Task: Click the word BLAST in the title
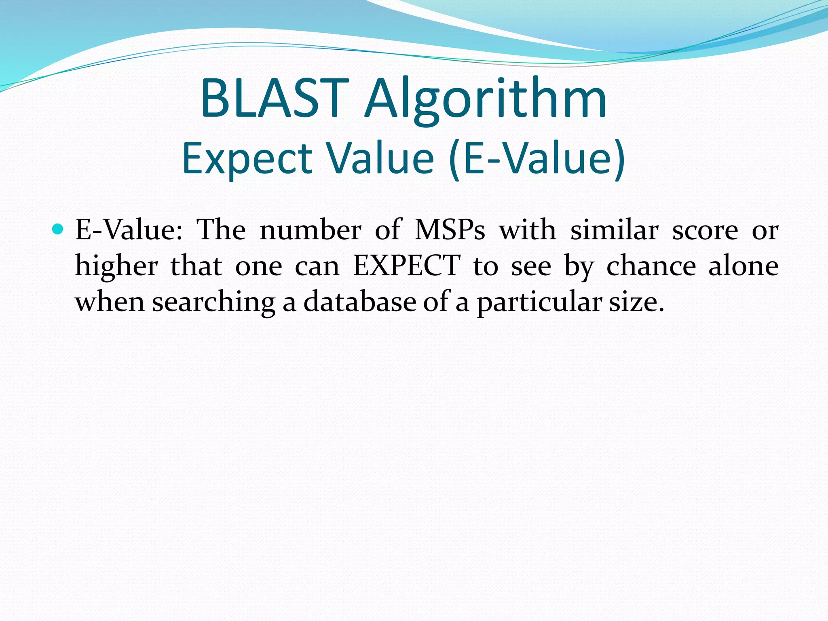[x=275, y=99]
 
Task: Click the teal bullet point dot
[x=58, y=230]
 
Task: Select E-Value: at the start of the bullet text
[x=129, y=230]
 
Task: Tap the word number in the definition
[x=310, y=230]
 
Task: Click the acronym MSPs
[x=450, y=230]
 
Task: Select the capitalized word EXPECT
[x=406, y=266]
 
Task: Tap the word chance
[x=651, y=266]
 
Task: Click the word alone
[x=743, y=266]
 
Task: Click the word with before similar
[x=527, y=230]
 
